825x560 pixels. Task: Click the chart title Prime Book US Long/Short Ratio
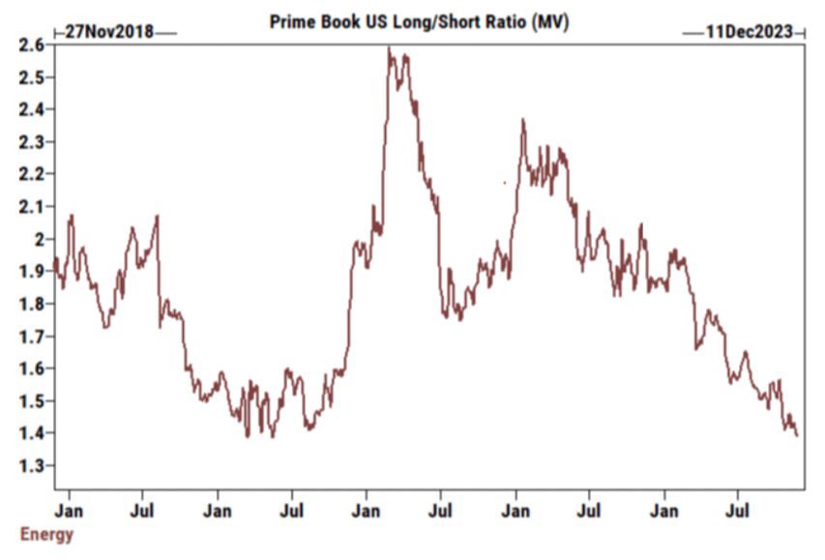(x=419, y=21)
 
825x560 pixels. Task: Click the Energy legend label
(x=45, y=534)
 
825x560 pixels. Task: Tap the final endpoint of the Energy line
(x=798, y=435)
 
